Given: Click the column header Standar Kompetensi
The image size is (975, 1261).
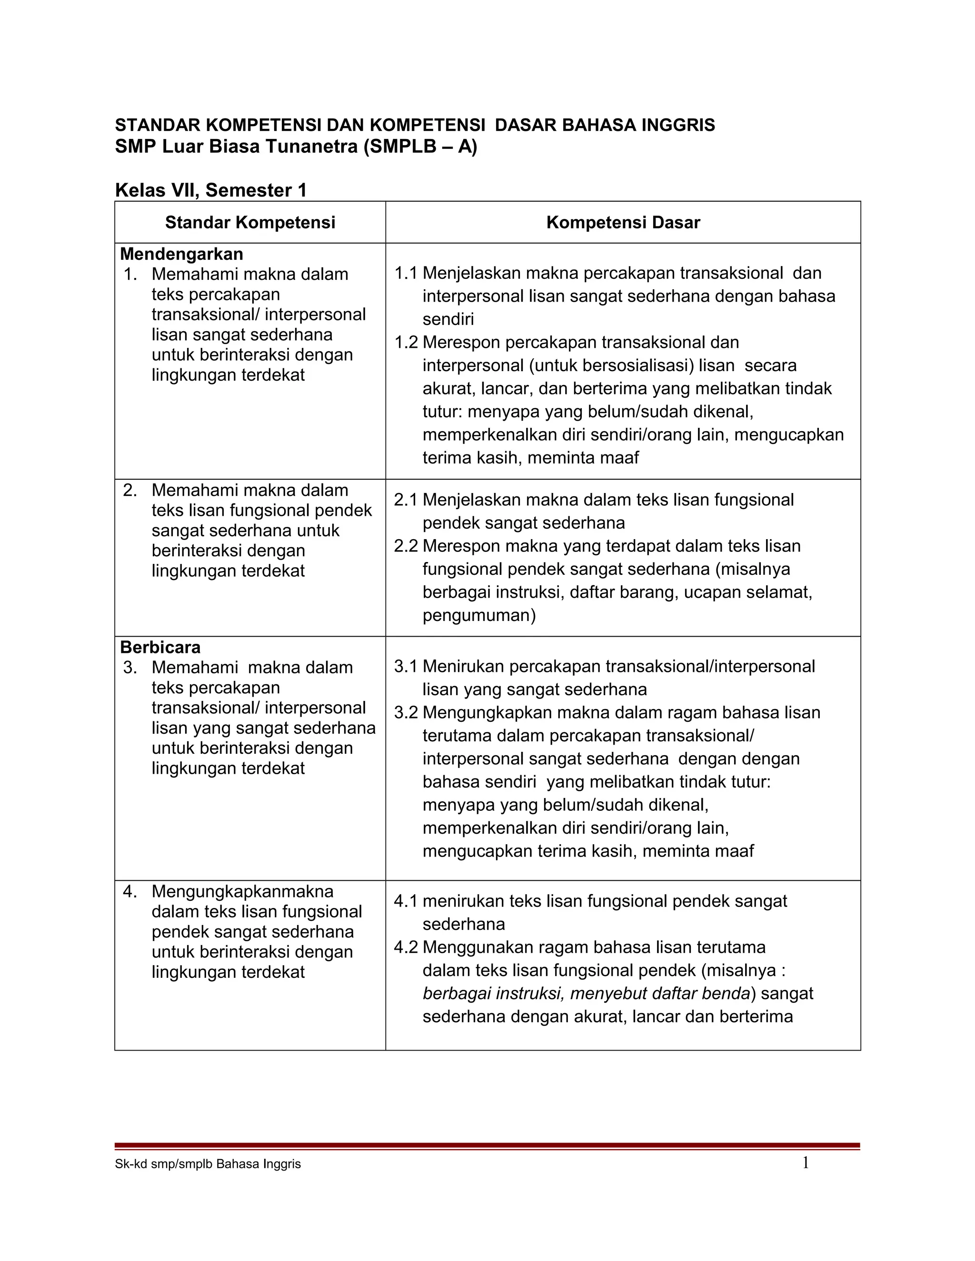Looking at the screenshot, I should [x=250, y=223].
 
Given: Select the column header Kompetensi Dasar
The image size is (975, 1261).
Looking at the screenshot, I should [x=623, y=223].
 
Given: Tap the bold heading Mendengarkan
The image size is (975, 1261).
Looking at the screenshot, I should [x=181, y=254].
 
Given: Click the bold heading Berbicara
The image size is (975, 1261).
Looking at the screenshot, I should [x=160, y=647].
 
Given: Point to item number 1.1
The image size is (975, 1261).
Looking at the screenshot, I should [x=406, y=273].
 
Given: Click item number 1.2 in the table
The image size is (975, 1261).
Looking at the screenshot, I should [x=406, y=343].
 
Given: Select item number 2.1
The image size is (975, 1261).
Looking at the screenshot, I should [x=406, y=500].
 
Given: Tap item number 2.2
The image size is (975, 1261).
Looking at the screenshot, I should [x=406, y=546].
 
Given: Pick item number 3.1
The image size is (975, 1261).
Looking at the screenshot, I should [x=406, y=666].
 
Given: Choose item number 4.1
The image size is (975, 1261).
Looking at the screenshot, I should [x=406, y=901].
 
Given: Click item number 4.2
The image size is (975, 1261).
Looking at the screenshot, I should [x=406, y=947].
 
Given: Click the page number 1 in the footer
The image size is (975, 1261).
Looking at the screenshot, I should [x=805, y=1163].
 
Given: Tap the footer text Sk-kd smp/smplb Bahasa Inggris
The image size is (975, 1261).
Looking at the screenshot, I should [x=208, y=1164].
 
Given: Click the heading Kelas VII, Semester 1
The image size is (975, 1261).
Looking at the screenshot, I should [x=211, y=190].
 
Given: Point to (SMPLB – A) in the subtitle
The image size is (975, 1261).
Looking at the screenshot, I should [x=420, y=147].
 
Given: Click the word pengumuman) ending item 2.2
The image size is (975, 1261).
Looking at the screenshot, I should [x=479, y=615].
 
